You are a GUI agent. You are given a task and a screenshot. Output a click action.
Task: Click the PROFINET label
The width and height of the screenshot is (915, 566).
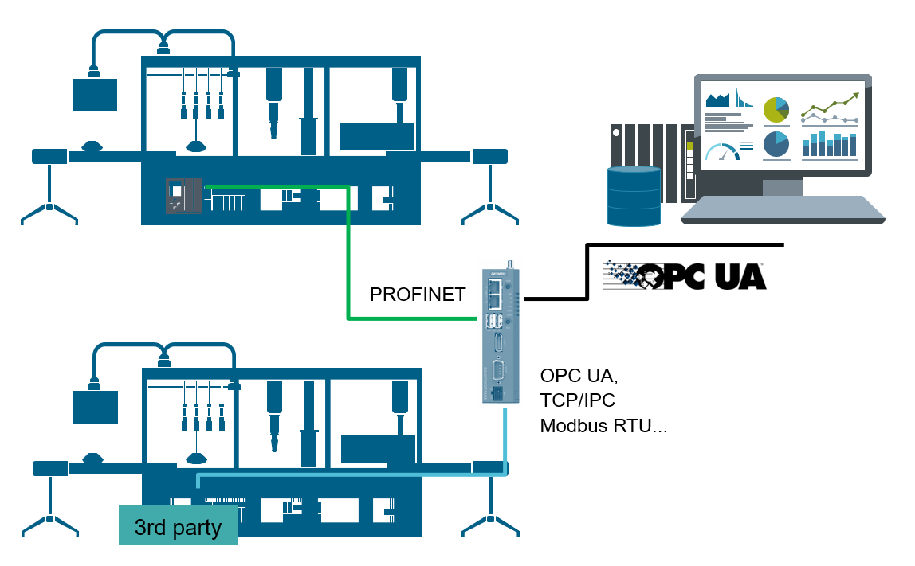pos(417,295)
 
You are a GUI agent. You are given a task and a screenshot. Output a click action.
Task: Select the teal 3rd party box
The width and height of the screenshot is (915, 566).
pos(178,526)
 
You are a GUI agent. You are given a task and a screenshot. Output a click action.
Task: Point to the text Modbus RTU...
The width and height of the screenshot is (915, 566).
pos(603,426)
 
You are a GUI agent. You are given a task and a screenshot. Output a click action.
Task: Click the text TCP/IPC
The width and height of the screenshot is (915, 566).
pos(578,400)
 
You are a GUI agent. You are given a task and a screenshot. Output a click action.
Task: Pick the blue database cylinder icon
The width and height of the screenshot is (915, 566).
pos(634,196)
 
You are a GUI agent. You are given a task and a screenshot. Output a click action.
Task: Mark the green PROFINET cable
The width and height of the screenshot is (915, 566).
pos(348,263)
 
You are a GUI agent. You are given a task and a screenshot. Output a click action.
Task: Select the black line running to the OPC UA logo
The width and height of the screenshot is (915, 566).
pos(587,271)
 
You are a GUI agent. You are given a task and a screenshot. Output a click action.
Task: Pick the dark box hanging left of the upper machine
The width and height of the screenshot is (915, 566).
pos(95,95)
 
